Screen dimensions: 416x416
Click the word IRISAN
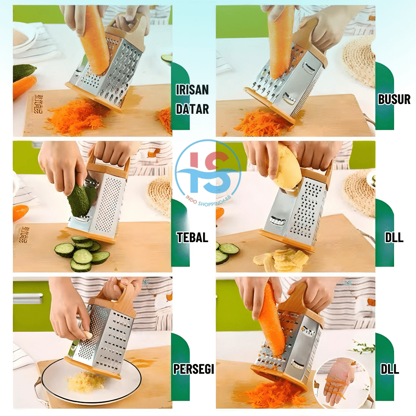192,90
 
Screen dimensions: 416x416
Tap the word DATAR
192,109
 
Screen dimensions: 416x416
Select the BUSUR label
394,99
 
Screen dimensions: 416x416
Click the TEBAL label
192,237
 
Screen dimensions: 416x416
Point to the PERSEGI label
193,369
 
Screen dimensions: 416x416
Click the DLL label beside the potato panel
394,237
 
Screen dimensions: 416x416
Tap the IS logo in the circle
208,172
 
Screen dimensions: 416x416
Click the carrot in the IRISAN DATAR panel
95,40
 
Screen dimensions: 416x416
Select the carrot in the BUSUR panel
280,42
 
